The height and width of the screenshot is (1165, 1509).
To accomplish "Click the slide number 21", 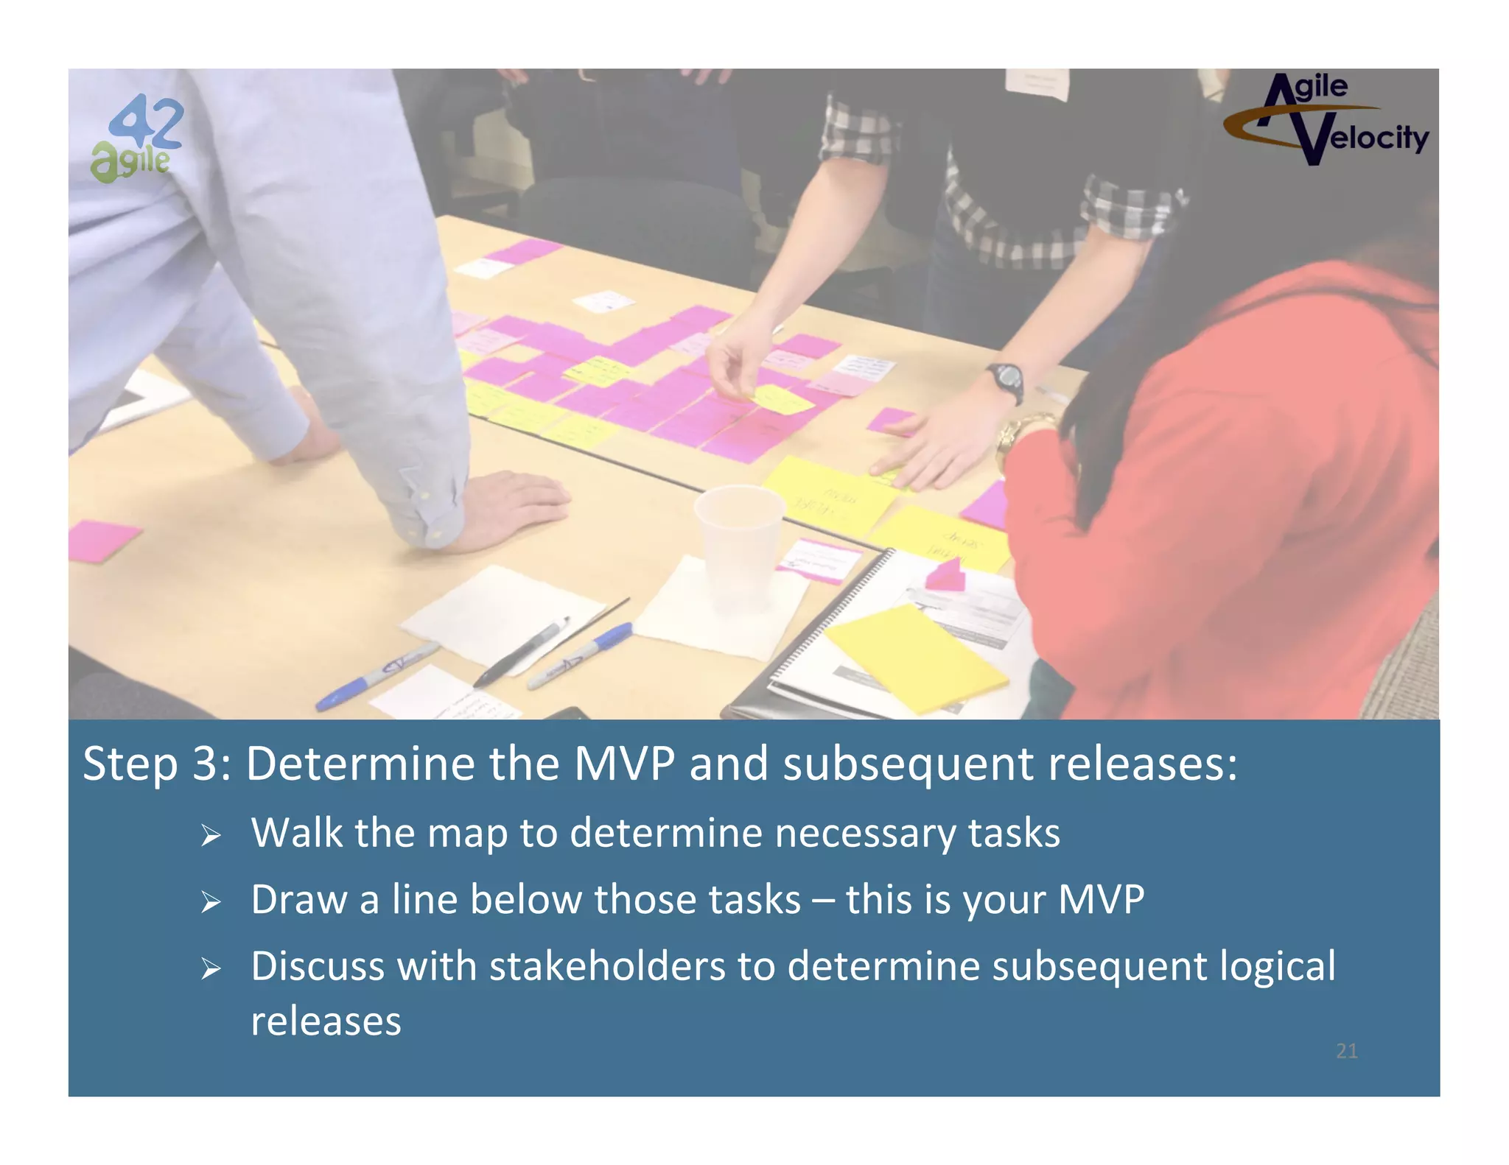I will (x=1346, y=1051).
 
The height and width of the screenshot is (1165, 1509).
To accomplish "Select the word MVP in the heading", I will (x=624, y=764).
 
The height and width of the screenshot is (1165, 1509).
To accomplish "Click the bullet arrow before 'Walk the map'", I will (x=211, y=835).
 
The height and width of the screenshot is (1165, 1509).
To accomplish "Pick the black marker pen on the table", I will (x=522, y=652).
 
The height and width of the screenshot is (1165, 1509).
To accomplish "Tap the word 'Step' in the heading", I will (x=130, y=764).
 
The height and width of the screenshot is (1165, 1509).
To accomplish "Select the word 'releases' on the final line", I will (x=326, y=1021).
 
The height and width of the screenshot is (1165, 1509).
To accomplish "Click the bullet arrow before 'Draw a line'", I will (x=211, y=901).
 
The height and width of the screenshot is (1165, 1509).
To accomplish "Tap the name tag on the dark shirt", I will (x=1037, y=83).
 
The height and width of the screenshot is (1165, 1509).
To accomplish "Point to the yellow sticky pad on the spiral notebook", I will (x=916, y=656).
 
